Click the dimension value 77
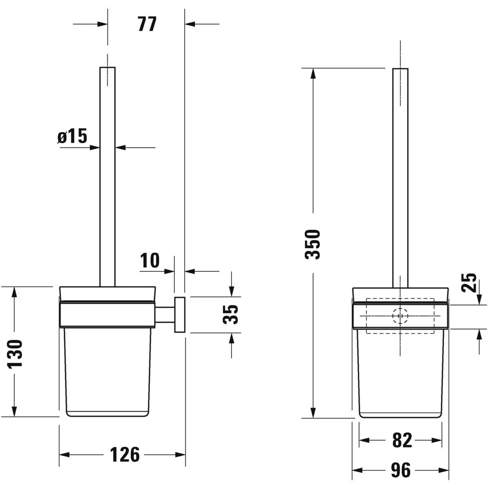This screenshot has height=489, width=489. click(x=147, y=24)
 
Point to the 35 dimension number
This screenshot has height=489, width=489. click(x=230, y=315)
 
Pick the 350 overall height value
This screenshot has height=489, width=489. click(x=313, y=244)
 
